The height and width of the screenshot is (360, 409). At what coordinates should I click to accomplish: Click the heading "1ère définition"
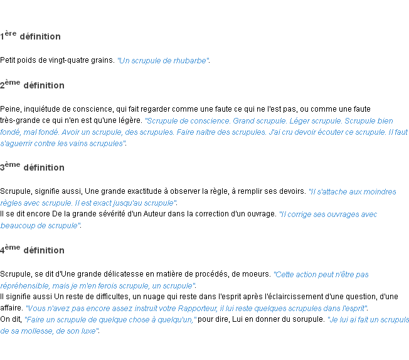click(x=31, y=36)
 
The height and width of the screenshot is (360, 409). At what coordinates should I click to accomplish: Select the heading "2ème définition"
click(x=33, y=85)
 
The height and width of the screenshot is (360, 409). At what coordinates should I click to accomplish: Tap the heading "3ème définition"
click(x=33, y=167)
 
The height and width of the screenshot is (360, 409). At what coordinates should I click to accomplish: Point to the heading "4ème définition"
click(x=33, y=250)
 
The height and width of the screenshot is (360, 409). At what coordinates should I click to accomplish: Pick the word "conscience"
click(x=210, y=121)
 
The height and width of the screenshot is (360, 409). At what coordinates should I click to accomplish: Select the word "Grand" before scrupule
click(x=245, y=121)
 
